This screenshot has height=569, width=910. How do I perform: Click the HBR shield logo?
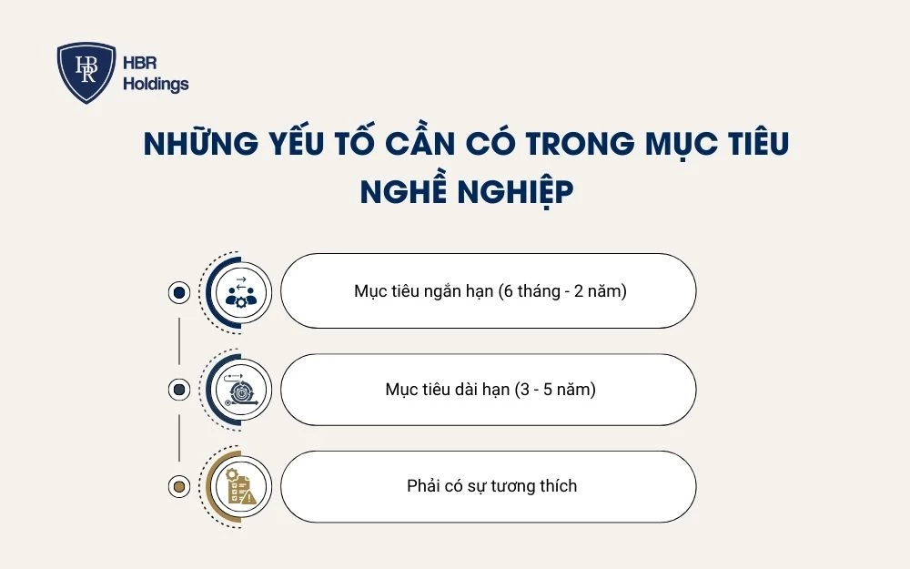tap(86, 73)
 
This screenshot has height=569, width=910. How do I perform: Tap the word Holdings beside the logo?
tap(155, 85)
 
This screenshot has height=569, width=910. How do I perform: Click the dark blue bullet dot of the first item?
tap(179, 292)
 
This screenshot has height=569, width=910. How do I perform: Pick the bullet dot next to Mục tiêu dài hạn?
tap(179, 390)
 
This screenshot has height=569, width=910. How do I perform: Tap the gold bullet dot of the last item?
tap(179, 486)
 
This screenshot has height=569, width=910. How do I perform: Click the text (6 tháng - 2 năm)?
tap(562, 291)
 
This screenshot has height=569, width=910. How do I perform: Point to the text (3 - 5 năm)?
tap(557, 390)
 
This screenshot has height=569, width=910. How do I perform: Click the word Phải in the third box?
tap(423, 486)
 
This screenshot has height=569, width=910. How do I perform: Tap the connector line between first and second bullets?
tap(179, 340)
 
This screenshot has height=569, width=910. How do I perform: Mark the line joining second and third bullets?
tap(179, 438)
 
